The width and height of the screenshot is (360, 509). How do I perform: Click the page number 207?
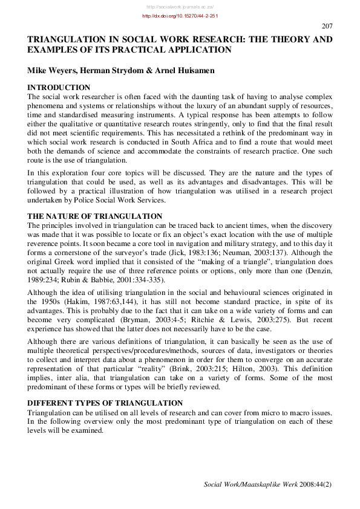pyautogui.click(x=327, y=26)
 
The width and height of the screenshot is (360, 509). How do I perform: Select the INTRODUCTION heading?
pyautogui.click(x=59, y=88)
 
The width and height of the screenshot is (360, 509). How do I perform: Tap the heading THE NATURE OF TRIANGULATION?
pyautogui.click(x=94, y=216)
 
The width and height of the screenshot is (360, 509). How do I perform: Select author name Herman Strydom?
pyautogui.click(x=119, y=71)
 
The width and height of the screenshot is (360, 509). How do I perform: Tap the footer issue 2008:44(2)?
pyautogui.click(x=315, y=484)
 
